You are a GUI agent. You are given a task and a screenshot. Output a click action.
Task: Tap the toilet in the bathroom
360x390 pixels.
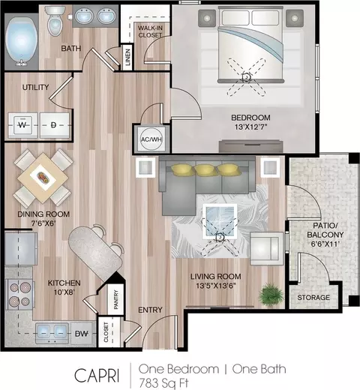pyautogui.click(x=55, y=21)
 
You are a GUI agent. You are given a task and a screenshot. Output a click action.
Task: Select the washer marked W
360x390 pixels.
pyautogui.click(x=23, y=125)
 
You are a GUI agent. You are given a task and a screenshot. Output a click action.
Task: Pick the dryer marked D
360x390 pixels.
pyautogui.click(x=55, y=125)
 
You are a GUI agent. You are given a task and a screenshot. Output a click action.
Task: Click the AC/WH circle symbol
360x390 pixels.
pyautogui.click(x=151, y=139)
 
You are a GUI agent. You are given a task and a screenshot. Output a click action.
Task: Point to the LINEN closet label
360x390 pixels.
pyautogui.click(x=127, y=57)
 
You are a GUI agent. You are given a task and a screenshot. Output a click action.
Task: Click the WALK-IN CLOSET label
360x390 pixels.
pyautogui.click(x=150, y=31)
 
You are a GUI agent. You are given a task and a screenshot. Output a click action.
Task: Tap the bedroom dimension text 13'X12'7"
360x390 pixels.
pyautogui.click(x=251, y=127)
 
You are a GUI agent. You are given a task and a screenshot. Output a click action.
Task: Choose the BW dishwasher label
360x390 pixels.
pyautogui.click(x=82, y=334)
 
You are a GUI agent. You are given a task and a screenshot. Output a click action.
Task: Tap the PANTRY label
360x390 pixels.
pyautogui.click(x=116, y=299)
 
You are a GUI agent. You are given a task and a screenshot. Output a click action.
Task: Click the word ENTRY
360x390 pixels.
pyautogui.click(x=150, y=310)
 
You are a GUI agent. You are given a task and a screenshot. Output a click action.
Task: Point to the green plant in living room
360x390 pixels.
pyautogui.click(x=271, y=295)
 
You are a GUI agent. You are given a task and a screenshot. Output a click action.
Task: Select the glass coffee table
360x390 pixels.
pyautogui.click(x=220, y=220)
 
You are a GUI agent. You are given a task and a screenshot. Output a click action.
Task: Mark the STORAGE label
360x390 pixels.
pyautogui.click(x=313, y=298)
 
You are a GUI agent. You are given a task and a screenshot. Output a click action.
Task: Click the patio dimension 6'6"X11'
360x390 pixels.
pyautogui.click(x=325, y=244)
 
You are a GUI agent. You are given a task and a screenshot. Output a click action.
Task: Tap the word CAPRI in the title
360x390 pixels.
pyautogui.click(x=97, y=375)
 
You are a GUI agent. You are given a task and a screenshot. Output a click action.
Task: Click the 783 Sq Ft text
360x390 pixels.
pyautogui.click(x=163, y=382)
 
